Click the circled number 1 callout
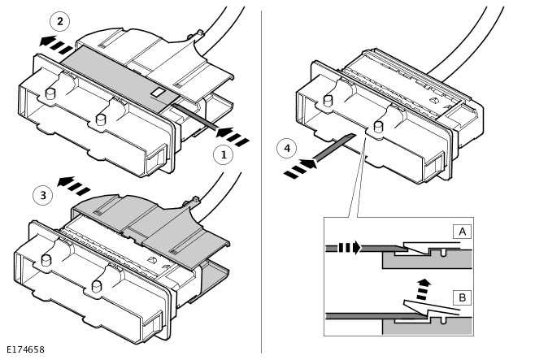coord(224,154)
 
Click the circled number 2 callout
coord(59,21)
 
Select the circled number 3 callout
coord(43,195)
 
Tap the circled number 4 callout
coord(286,148)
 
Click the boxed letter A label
coord(462,232)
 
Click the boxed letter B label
coord(462,297)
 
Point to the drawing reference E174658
coord(26,350)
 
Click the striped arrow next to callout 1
coord(233,136)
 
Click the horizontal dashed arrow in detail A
coord(350,248)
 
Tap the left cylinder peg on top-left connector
coord(50,93)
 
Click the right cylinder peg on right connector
coord(378,126)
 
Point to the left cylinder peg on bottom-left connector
coord(46,260)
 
